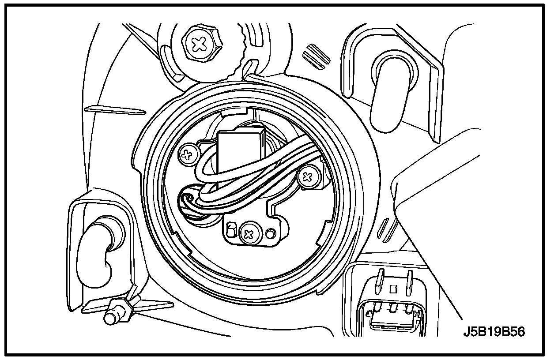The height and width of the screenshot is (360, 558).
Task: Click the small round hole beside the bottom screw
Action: pos(270,232)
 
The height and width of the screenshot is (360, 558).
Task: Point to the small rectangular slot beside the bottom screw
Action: pos(230,230)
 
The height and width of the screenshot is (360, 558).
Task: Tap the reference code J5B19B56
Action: pos(494,332)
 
